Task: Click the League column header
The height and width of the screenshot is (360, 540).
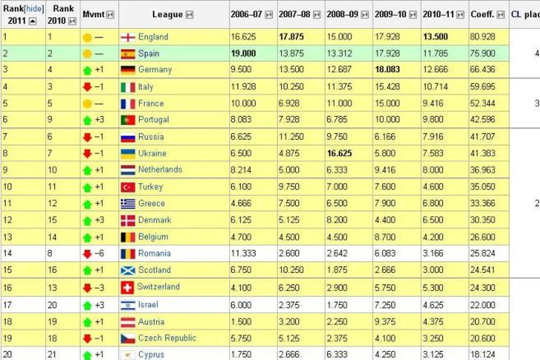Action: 167,14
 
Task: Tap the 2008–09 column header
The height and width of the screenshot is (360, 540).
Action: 341,14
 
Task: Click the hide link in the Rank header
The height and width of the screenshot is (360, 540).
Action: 34,9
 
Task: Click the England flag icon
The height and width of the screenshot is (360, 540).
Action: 128,37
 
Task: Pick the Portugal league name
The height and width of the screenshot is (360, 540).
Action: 153,119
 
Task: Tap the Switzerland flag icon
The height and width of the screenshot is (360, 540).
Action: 127,287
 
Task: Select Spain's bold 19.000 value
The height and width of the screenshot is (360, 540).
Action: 244,53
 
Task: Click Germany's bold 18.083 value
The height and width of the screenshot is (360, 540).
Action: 388,69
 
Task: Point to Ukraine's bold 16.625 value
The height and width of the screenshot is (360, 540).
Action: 340,153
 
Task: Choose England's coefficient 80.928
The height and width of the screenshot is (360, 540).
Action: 482,37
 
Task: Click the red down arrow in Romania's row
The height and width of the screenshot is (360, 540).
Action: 87,254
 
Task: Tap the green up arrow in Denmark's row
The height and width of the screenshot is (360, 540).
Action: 87,220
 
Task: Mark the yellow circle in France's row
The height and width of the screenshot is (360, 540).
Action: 87,103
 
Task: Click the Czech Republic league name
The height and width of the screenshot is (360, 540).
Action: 167,338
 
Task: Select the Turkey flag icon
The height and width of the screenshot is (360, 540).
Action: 128,187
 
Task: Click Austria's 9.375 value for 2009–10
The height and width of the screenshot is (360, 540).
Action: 386,321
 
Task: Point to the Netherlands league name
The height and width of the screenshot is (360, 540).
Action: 160,169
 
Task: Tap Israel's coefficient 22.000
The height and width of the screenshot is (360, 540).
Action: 482,305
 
